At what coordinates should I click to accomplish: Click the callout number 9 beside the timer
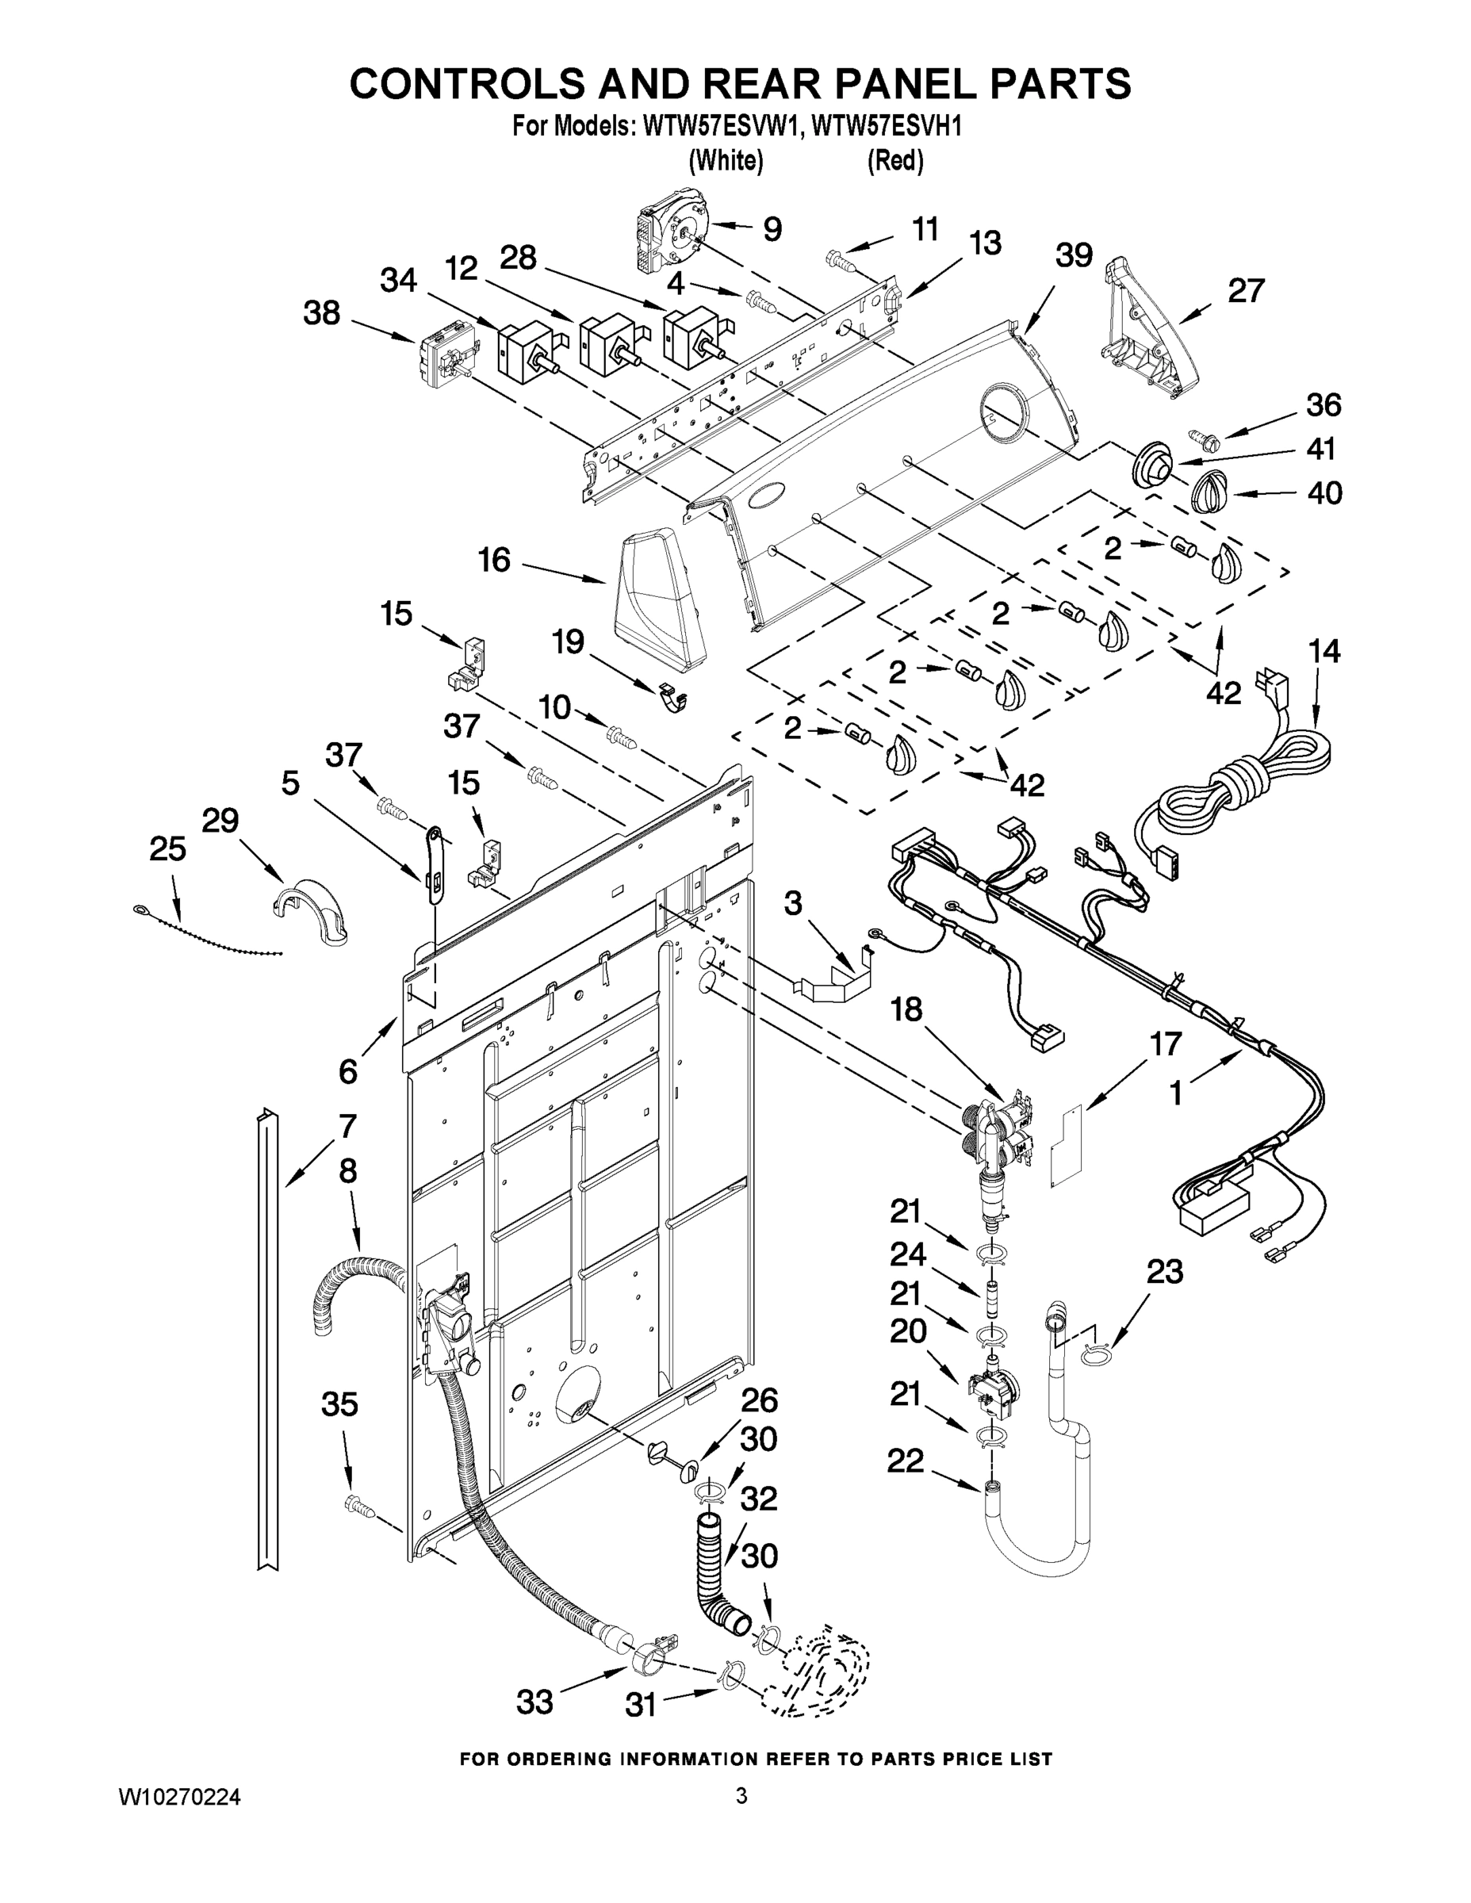[x=772, y=229]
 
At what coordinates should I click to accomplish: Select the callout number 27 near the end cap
[x=1245, y=291]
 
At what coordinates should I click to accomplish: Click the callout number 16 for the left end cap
[x=494, y=561]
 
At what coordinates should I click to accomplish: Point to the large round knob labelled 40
[x=1209, y=492]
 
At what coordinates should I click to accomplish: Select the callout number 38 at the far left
[x=322, y=314]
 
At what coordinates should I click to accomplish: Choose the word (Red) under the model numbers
[x=895, y=161]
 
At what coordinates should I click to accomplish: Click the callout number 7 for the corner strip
[x=347, y=1127]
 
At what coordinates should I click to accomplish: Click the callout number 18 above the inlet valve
[x=906, y=1010]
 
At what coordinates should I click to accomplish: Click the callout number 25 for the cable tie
[x=167, y=848]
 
